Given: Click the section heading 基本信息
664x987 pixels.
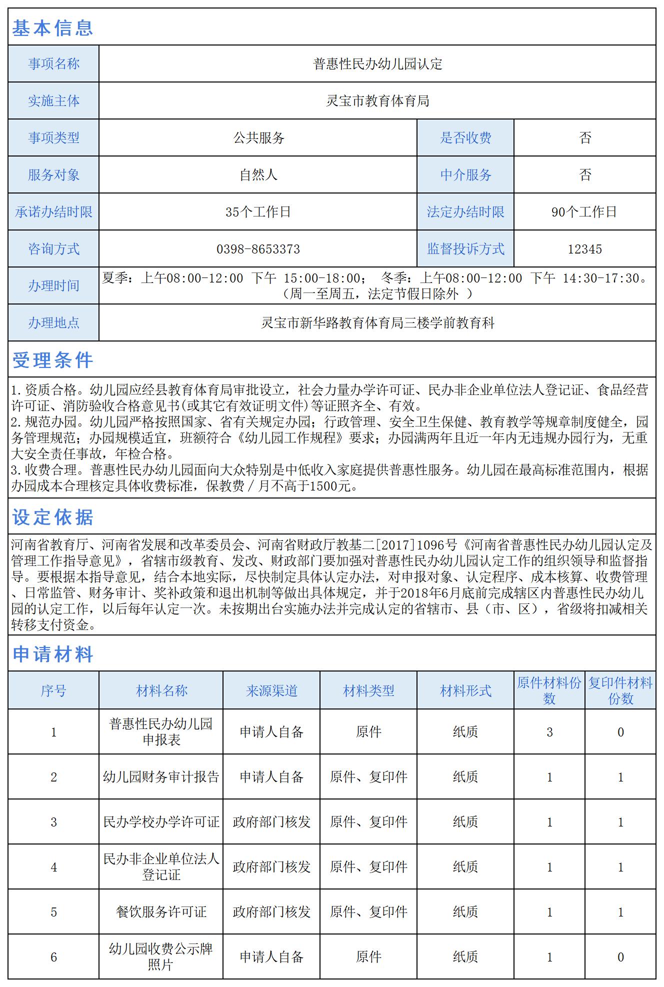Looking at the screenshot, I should (52, 28).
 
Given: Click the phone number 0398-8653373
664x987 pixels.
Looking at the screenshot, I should (258, 249).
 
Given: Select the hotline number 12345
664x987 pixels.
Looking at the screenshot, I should (584, 249).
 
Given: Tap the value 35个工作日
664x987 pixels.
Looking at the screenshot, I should (258, 212).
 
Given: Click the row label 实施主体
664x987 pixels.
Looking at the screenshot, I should (53, 101).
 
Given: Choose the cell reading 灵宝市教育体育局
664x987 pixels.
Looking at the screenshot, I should (377, 101).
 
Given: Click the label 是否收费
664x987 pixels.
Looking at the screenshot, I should (465, 138).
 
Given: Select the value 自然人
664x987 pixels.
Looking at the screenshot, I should (258, 175).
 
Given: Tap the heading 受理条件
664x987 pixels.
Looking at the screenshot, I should (52, 360).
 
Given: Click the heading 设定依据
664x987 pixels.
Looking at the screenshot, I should (52, 517).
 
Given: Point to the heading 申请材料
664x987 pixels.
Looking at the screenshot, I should (52, 654).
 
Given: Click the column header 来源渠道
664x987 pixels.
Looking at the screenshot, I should (271, 691).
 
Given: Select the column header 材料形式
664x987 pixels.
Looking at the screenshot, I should (465, 691).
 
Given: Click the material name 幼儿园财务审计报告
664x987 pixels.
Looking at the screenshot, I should (161, 777).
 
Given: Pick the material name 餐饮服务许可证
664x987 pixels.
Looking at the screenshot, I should (161, 912).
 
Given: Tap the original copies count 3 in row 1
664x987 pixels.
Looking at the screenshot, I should (549, 732).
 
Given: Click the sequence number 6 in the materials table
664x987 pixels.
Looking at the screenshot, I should (53, 957).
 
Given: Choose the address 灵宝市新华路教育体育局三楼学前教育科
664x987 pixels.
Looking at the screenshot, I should (377, 323).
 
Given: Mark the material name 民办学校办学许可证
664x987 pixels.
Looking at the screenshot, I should (161, 822).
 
